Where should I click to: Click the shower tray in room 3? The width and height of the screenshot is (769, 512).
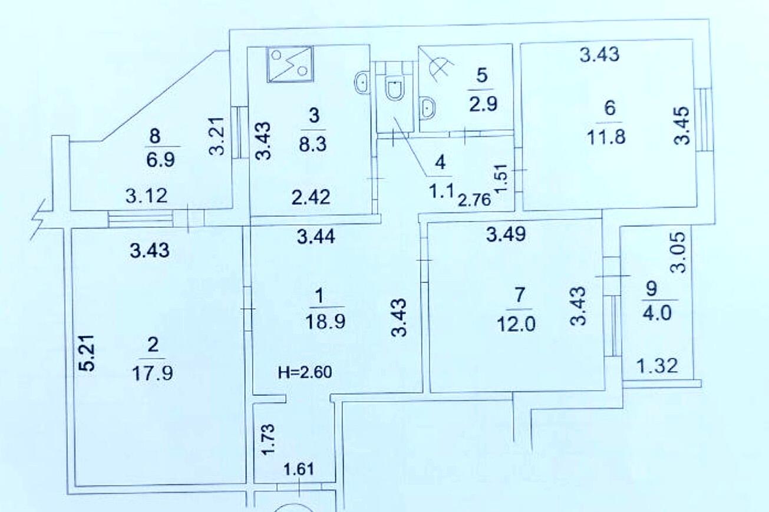click(291, 64)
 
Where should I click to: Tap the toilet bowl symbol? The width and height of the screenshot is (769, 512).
click(395, 88)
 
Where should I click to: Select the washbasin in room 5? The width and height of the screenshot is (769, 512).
click(427, 108)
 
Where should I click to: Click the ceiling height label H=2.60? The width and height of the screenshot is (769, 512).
click(305, 372)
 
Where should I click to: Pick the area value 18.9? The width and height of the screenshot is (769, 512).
click(325, 322)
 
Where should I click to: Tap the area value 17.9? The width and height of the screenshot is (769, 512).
click(153, 374)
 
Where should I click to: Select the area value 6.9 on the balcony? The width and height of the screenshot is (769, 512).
click(161, 160)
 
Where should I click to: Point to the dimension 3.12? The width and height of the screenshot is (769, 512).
click(147, 196)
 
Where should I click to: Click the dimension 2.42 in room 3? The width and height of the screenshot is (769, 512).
click(311, 197)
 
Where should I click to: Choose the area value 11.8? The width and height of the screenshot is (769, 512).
click(606, 137)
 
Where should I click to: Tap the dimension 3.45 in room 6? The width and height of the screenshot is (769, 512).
click(681, 126)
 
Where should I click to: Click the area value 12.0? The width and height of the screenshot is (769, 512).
click(516, 324)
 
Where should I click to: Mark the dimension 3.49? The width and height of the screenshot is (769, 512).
click(506, 234)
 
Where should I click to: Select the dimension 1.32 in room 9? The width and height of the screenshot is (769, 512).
click(658, 366)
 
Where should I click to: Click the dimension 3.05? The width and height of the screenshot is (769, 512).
click(678, 253)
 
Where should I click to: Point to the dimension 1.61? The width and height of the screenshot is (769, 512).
click(299, 469)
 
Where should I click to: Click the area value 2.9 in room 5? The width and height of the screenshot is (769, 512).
click(483, 104)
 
